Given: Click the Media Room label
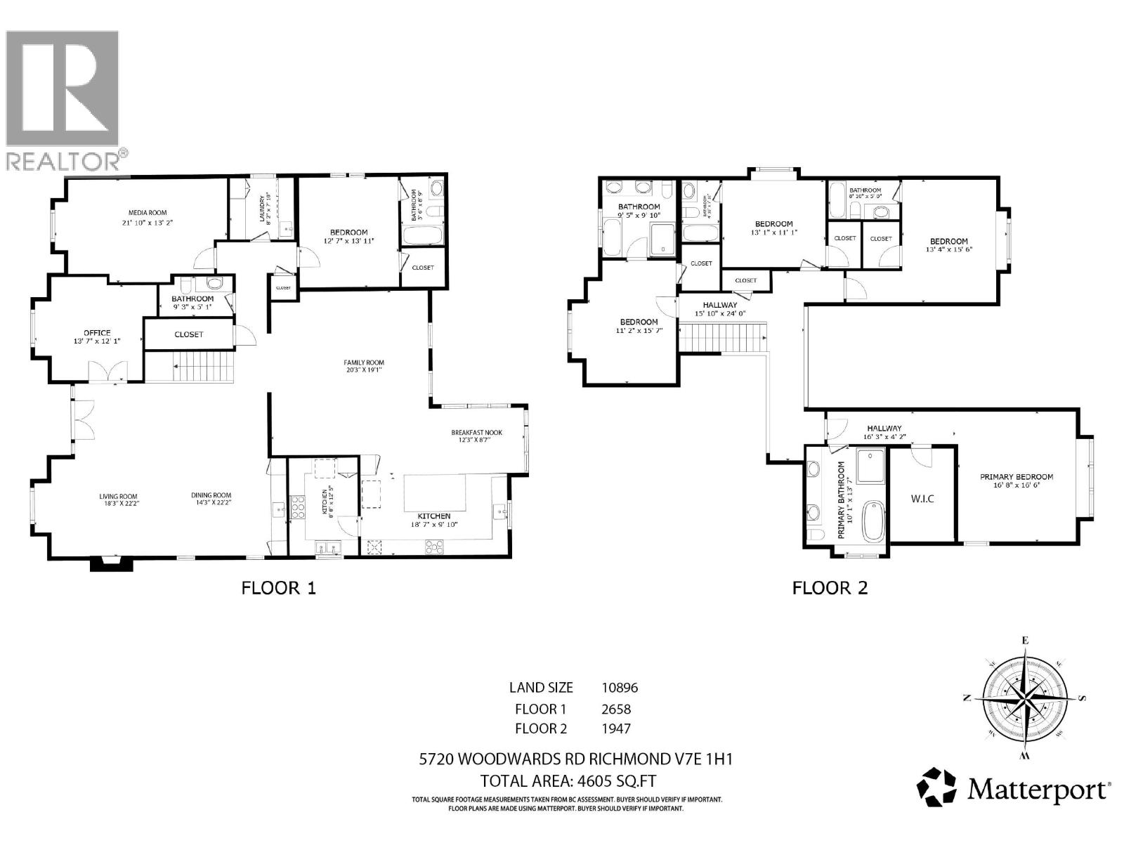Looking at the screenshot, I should (148, 212).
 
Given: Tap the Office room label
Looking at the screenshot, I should (97, 333).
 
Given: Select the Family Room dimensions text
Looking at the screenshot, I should (364, 372).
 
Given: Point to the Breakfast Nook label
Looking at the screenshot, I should (476, 433).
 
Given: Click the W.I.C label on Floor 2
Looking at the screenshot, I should (922, 498).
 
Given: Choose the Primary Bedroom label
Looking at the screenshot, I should (1017, 477).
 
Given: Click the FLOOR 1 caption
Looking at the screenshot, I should (279, 588).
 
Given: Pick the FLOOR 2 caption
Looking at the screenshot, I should (830, 588).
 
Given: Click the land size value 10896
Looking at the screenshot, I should (620, 688).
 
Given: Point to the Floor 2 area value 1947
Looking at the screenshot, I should (616, 728).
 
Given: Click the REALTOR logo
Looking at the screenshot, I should (63, 98).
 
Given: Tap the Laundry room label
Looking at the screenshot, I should (261, 209).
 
